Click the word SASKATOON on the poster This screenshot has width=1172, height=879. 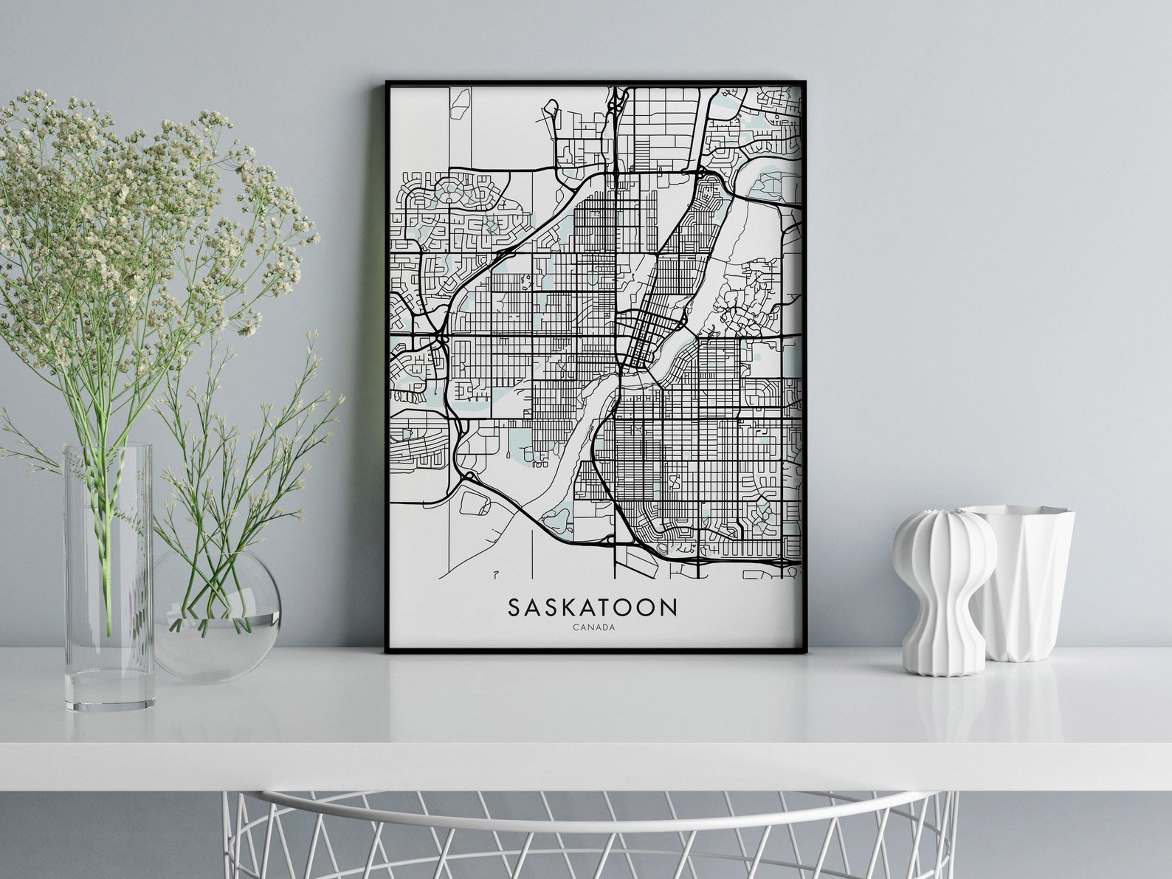[x=592, y=607]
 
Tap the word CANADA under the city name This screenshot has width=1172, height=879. [x=593, y=628]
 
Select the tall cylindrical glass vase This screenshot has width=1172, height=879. [x=109, y=576]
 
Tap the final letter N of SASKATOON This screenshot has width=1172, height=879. [x=668, y=607]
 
